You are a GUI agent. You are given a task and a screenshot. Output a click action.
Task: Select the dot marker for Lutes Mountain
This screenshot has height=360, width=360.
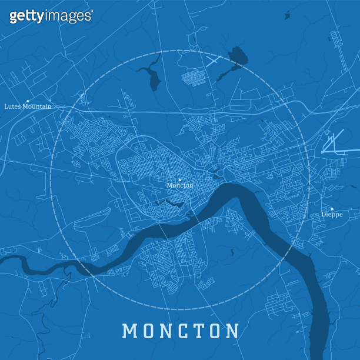28,101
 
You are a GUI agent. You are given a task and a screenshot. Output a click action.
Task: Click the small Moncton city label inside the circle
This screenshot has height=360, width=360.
179,185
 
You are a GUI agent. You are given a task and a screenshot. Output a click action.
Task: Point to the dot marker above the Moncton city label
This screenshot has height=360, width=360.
180,179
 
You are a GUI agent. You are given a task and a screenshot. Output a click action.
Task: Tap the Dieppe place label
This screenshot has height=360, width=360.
331,215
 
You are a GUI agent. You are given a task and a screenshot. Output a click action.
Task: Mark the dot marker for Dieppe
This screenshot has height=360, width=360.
332,209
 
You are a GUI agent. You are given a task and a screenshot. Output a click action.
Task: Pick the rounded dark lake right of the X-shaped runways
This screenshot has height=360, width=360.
238,58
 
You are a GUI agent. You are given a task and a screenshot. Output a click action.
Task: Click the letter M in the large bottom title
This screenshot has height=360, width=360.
129,331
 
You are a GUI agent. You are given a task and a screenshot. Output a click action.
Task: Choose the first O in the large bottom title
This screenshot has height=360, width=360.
146,331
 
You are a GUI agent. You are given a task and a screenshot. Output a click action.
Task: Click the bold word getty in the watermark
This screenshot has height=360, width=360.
26,16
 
